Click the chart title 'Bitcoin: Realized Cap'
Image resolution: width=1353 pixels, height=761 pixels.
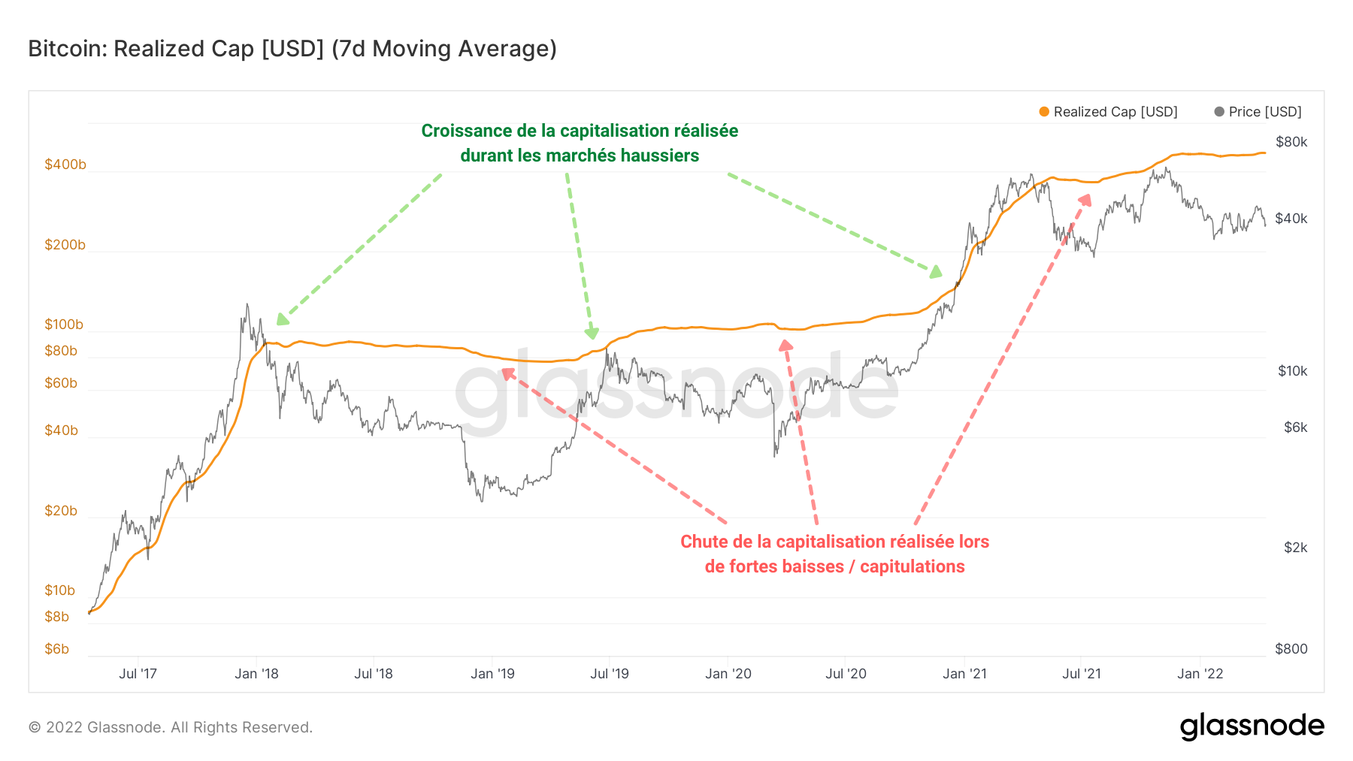(x=292, y=49)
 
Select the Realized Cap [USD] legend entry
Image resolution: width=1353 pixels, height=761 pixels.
(x=1108, y=112)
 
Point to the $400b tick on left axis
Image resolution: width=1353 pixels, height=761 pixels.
(x=65, y=165)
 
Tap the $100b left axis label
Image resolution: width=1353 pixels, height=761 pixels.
(x=64, y=325)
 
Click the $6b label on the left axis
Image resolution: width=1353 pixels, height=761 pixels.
(x=57, y=649)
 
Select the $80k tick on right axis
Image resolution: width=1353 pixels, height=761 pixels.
(x=1291, y=142)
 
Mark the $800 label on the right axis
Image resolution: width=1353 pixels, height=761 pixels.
(x=1291, y=649)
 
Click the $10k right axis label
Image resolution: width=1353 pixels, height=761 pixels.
(x=1292, y=371)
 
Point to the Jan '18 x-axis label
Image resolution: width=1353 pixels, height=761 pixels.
(x=256, y=674)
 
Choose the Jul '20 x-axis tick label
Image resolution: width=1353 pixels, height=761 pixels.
(x=846, y=674)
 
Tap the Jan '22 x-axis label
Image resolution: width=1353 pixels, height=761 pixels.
(x=1200, y=674)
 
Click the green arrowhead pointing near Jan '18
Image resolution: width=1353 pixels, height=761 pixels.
(x=282, y=319)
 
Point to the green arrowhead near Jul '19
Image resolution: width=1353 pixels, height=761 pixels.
(x=592, y=333)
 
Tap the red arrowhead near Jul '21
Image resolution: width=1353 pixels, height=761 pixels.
(x=1085, y=199)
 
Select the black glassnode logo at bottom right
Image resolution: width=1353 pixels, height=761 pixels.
(x=1252, y=726)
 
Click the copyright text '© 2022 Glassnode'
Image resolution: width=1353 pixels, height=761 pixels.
(x=171, y=727)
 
